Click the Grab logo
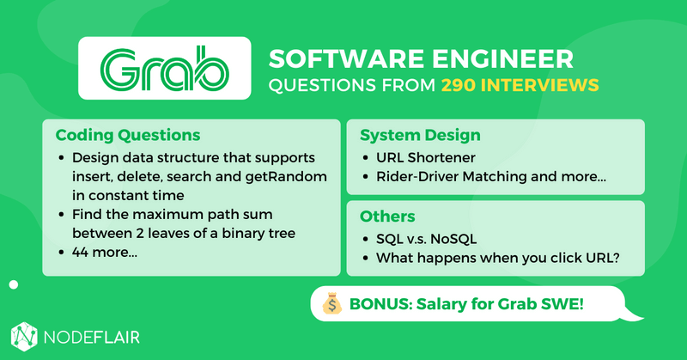click(x=163, y=68)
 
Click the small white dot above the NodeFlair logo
click(x=13, y=284)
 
